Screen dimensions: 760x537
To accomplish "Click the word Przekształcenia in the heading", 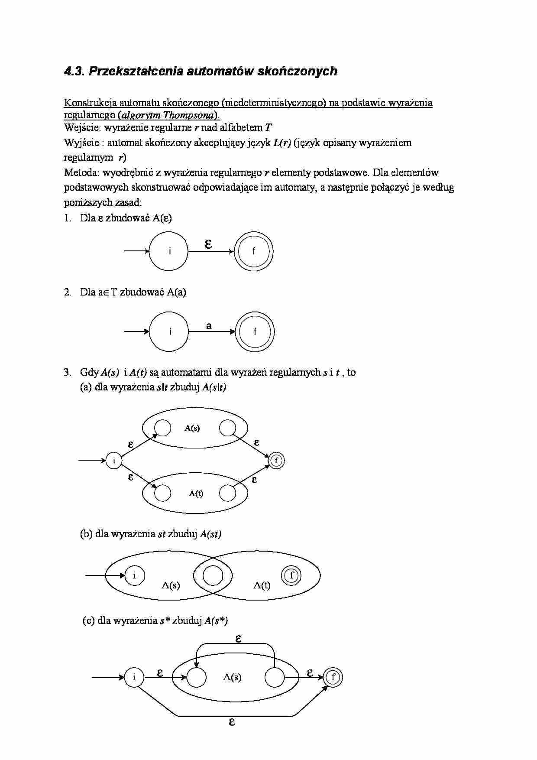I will coord(136,71).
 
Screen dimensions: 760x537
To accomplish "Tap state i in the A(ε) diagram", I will coord(168,251).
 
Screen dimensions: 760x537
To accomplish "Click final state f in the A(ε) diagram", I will coord(254,251).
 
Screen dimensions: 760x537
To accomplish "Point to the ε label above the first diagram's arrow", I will coord(208,244).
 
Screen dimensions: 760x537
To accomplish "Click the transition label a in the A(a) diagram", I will coord(209,326).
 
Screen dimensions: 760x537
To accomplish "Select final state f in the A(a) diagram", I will coord(255,332).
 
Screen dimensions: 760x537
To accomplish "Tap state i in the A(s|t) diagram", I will coord(114,461).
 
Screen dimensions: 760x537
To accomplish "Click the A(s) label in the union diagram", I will coord(192,428).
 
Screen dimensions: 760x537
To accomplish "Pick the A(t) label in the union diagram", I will coord(196,493).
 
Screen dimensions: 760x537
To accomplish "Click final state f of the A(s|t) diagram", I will coord(276,461).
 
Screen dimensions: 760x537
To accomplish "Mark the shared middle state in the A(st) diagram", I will coord(213,576).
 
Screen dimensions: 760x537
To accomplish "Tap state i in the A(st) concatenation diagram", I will coord(134,575).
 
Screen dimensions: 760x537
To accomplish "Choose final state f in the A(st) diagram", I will coord(291,575).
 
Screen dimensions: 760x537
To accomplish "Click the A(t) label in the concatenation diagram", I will coord(262,585).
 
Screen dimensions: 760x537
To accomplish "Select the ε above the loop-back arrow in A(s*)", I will coord(238,638).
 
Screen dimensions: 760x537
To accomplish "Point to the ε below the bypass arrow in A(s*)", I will coord(232,722).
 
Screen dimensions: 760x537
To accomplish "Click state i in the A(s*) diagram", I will coord(134,677).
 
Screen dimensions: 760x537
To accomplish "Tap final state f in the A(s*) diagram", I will coord(333,677).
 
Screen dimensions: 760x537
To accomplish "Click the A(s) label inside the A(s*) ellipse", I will coord(232,677).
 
